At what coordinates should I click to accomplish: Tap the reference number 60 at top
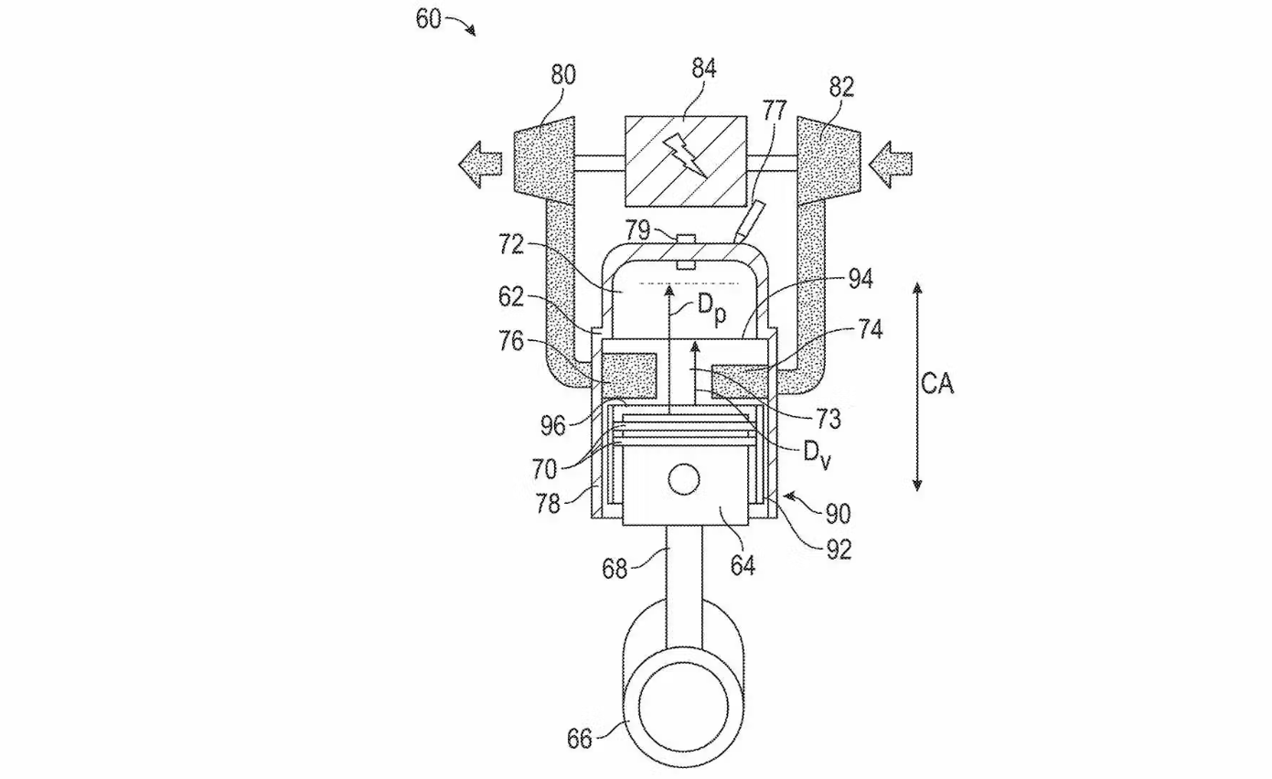click(x=428, y=18)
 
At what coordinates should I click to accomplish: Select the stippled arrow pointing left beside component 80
click(x=480, y=165)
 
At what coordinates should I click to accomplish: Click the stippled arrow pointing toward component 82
click(x=890, y=165)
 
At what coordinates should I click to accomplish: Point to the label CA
click(x=937, y=384)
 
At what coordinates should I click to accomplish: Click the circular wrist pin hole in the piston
click(x=684, y=480)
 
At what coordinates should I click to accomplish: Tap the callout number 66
click(x=579, y=739)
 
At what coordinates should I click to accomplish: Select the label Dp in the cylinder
click(x=711, y=310)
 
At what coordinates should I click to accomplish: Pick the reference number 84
click(x=704, y=69)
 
